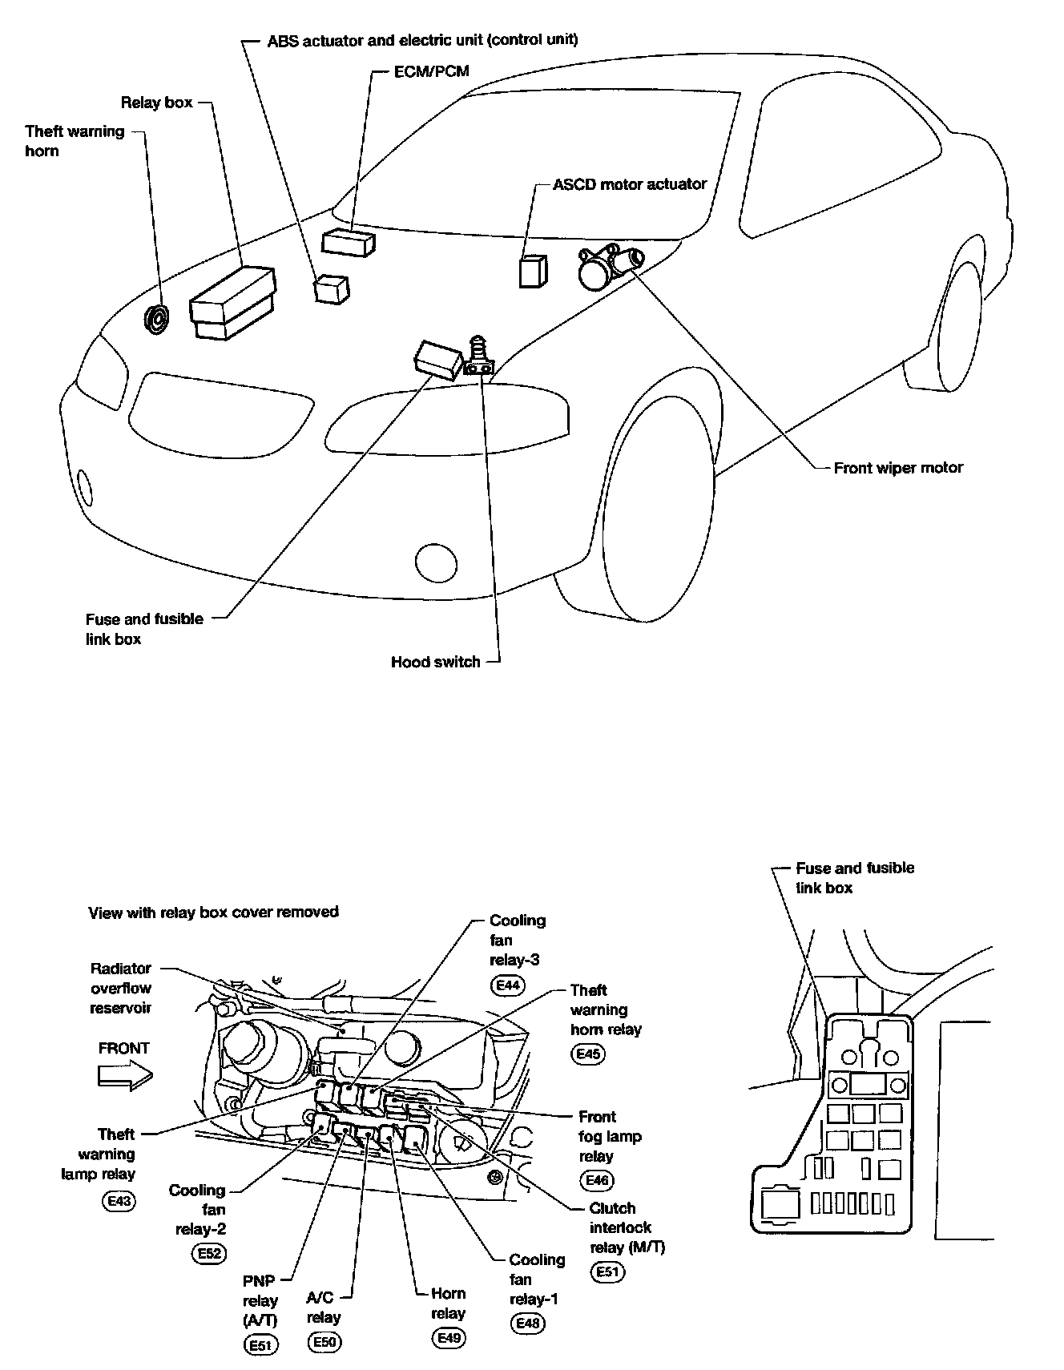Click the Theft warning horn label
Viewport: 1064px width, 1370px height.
[x=75, y=141]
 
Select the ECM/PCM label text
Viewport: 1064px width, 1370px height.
[x=431, y=71]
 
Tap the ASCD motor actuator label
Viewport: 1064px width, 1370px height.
[x=630, y=184]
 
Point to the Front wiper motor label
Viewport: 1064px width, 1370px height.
[x=897, y=468]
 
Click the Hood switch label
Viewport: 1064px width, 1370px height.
[x=435, y=662]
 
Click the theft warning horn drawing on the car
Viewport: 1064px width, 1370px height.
[x=156, y=319]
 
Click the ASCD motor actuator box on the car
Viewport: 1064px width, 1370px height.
[x=533, y=271]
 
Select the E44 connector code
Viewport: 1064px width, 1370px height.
[x=509, y=985]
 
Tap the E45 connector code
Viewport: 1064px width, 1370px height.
[x=588, y=1054]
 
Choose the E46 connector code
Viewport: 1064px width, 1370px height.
[x=597, y=1179]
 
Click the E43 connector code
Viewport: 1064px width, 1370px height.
[x=119, y=1201]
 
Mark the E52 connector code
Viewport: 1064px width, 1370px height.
[x=209, y=1254]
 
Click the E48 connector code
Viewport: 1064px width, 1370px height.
[x=527, y=1323]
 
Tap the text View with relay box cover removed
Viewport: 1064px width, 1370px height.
[x=213, y=912]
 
